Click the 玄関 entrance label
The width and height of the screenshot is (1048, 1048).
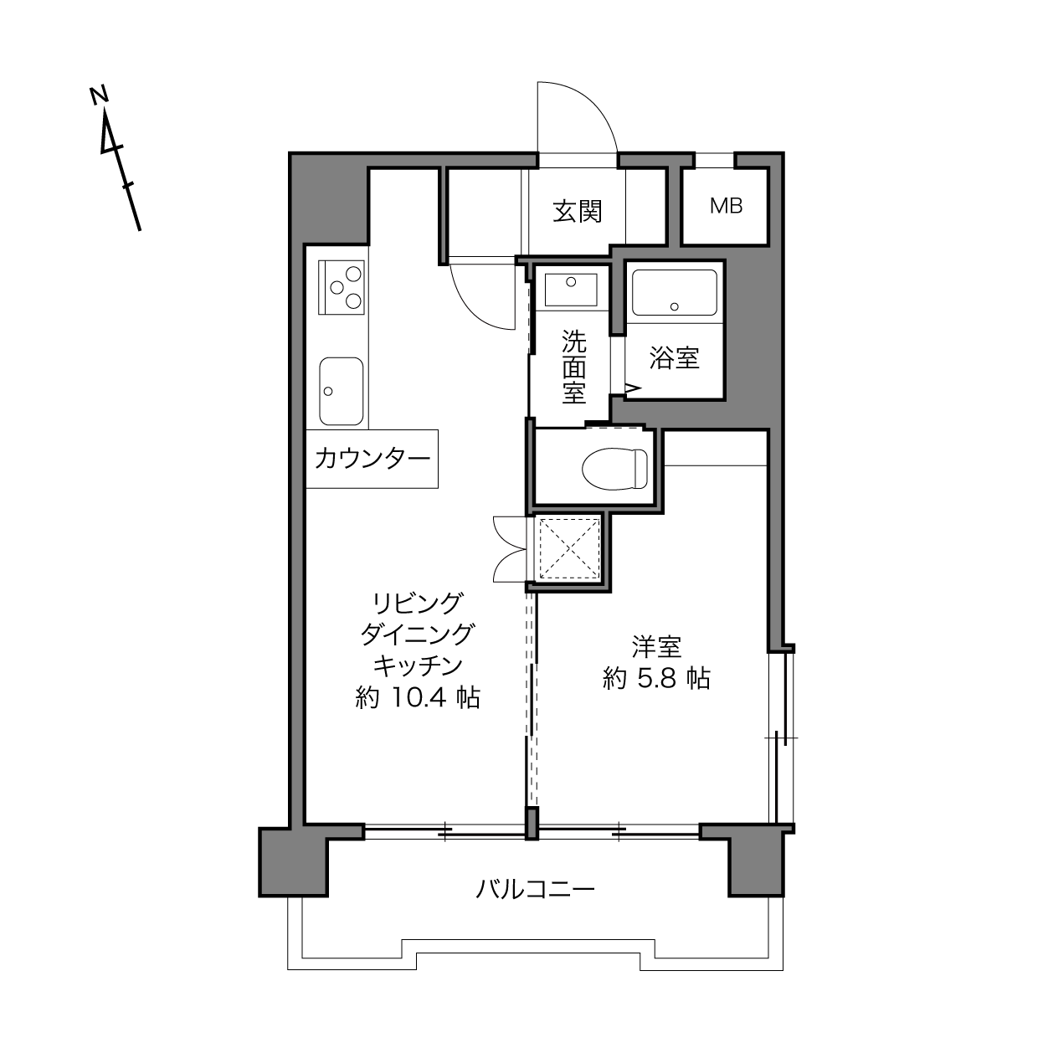pyautogui.click(x=577, y=212)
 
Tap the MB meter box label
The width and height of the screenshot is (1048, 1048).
pyautogui.click(x=726, y=206)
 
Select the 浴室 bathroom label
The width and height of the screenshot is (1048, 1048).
pyautogui.click(x=675, y=358)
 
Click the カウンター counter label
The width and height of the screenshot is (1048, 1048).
pyautogui.click(x=372, y=458)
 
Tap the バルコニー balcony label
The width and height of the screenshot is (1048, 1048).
pyautogui.click(x=535, y=904)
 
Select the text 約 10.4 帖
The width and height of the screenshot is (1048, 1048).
pyautogui.click(x=417, y=697)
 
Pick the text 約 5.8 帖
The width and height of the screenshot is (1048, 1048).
pyautogui.click(x=656, y=678)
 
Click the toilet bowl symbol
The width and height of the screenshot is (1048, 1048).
pyautogui.click(x=615, y=467)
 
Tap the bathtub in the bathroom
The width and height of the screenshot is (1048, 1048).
pyautogui.click(x=675, y=293)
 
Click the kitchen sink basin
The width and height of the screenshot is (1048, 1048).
pyautogui.click(x=341, y=391)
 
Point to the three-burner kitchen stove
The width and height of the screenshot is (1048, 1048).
pyautogui.click(x=341, y=287)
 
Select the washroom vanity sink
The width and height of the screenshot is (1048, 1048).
pyautogui.click(x=571, y=290)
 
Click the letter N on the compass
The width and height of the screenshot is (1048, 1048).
pyautogui.click(x=99, y=95)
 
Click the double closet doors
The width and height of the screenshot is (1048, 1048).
pyautogui.click(x=510, y=549)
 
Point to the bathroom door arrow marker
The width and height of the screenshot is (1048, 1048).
pyautogui.click(x=633, y=388)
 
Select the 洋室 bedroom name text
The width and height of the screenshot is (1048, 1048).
pyautogui.click(x=656, y=647)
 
